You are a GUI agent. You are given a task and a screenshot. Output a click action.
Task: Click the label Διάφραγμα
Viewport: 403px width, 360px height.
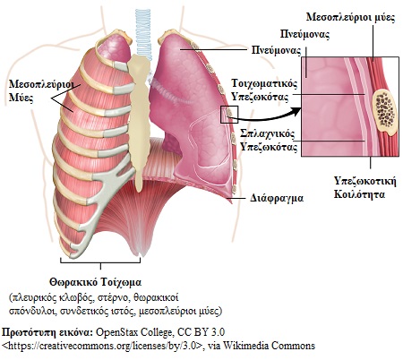coord(277,198)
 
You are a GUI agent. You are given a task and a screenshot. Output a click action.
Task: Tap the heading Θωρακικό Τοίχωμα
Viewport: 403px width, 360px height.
coord(96,282)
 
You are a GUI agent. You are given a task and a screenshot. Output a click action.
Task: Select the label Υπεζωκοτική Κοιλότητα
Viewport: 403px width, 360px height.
coord(365,187)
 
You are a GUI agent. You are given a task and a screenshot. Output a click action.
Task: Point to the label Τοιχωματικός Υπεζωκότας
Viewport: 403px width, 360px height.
coord(264,90)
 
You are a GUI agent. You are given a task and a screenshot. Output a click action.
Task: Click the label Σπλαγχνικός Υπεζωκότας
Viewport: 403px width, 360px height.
coord(269,141)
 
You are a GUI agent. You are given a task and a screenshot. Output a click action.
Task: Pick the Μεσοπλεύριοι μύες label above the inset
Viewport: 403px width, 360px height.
coord(351,17)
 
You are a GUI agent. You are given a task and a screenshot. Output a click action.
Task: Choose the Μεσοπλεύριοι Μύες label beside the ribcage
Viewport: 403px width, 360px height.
coord(41,90)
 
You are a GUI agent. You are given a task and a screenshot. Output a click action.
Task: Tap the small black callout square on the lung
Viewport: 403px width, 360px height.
coord(229,115)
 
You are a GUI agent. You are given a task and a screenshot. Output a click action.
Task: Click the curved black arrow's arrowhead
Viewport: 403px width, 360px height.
coord(297,112)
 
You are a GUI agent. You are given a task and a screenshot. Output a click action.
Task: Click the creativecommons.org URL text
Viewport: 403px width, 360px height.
coord(103,346)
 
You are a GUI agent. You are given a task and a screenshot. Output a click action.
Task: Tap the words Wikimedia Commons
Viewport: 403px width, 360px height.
coord(269,346)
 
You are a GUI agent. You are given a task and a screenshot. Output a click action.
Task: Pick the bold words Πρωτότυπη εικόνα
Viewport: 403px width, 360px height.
coord(47,332)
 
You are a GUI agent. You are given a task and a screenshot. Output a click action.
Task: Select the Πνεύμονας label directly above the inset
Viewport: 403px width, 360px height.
coord(304,34)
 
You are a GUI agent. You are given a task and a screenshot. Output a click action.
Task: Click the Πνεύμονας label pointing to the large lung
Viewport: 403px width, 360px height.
coord(276,50)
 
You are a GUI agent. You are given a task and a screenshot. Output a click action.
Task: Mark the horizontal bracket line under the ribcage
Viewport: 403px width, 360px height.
coord(100,263)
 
